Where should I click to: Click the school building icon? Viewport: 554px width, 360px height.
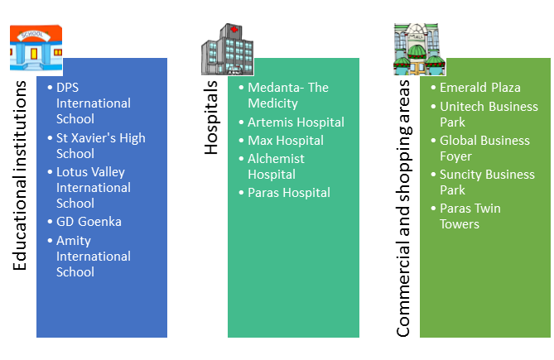click(35, 50)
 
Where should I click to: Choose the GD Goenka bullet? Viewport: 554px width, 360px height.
click(89, 222)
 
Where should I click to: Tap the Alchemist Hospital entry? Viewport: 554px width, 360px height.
click(277, 166)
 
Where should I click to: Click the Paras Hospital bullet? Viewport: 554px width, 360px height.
click(289, 193)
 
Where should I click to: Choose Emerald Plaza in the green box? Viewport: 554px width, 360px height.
click(479, 88)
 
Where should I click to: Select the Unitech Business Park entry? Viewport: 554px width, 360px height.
click(488, 114)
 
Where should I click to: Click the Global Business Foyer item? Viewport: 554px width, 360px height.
click(484, 148)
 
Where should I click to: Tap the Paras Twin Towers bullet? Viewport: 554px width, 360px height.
click(470, 216)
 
